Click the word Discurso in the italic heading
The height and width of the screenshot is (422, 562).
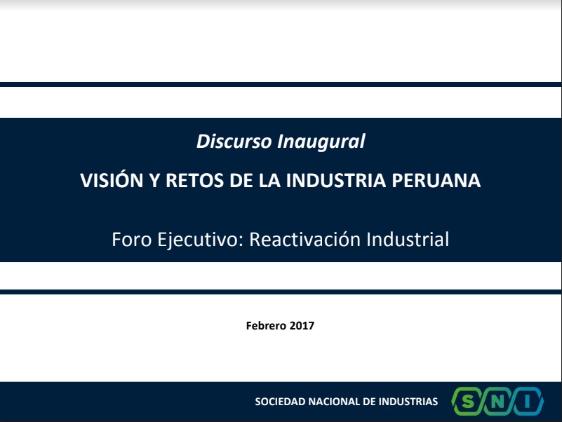click(x=234, y=141)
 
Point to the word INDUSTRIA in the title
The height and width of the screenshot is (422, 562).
click(x=336, y=180)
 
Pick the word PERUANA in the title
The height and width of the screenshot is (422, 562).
click(x=436, y=180)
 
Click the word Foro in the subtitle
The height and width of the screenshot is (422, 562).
click(x=131, y=239)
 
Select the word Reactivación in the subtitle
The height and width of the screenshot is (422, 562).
click(x=305, y=239)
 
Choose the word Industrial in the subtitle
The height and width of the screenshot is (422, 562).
click(x=408, y=239)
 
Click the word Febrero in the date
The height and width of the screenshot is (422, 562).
click(x=266, y=326)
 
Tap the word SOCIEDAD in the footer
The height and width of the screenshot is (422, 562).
click(x=280, y=402)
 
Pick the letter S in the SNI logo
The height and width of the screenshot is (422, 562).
click(x=467, y=402)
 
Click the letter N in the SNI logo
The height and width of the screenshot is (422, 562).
click(x=497, y=402)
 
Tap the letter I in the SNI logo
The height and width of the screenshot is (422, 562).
click(x=527, y=402)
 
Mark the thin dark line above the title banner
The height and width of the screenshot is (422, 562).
click(x=281, y=85)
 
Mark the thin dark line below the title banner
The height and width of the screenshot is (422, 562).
click(x=281, y=292)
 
